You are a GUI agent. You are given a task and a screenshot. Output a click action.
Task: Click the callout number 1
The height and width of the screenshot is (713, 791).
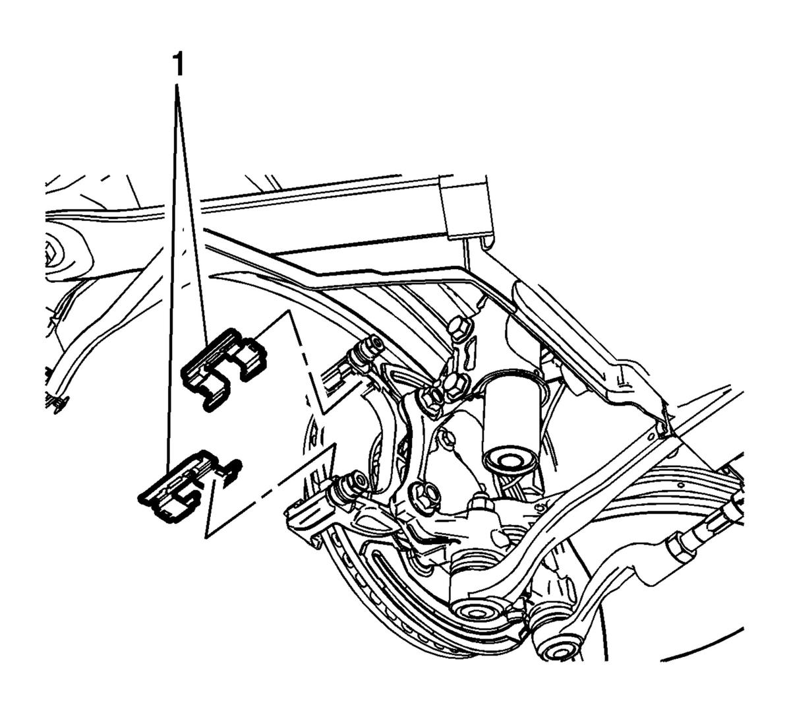[x=179, y=65]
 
